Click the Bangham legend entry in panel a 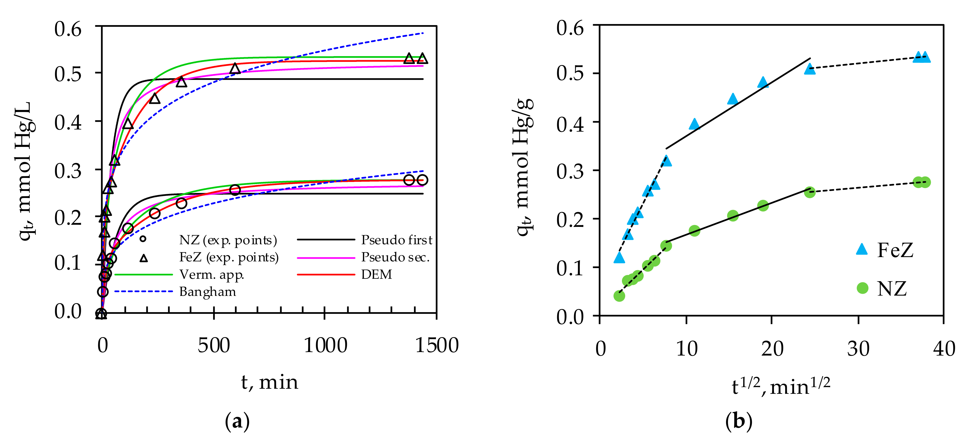[207, 292]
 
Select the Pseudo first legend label [396, 240]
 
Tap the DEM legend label [377, 274]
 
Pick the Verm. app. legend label [212, 274]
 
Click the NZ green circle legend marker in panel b [863, 288]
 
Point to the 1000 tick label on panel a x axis [325, 345]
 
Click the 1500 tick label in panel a [436, 345]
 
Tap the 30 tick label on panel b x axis [859, 349]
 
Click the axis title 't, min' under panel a [269, 382]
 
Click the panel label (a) [237, 422]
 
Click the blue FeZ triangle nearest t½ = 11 [694, 124]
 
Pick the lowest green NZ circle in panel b [619, 296]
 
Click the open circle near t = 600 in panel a [235, 190]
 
